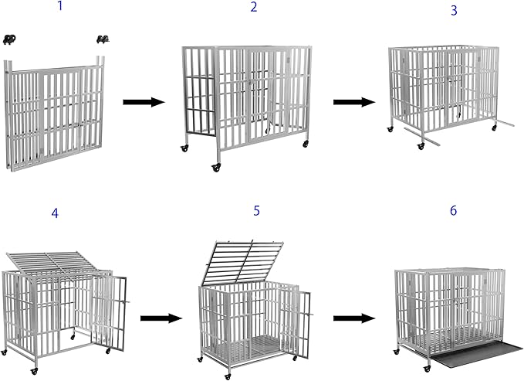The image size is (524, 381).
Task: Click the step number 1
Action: tap(60, 8)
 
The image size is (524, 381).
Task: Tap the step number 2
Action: tap(253, 8)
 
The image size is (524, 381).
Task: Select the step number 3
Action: tap(454, 11)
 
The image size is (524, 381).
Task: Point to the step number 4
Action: tap(55, 213)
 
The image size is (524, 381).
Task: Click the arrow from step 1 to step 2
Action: tap(144, 101)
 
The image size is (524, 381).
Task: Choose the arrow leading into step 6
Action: tap(354, 317)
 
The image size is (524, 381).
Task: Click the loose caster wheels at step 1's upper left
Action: tap(10, 40)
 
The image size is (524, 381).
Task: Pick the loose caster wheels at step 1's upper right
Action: tap(103, 40)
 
